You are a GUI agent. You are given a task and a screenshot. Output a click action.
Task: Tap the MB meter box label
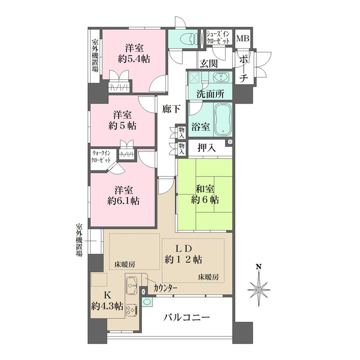click(243, 39)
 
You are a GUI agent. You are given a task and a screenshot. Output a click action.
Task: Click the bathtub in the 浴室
click(223, 120)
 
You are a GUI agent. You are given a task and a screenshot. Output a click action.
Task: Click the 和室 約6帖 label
click(204, 193)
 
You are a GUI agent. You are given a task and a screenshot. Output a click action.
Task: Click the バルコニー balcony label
click(187, 318)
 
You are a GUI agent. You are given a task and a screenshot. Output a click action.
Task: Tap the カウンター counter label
click(165, 289)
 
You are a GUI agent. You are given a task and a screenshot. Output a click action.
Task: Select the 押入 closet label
click(206, 147)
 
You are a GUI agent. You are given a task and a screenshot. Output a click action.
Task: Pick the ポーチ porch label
click(243, 67)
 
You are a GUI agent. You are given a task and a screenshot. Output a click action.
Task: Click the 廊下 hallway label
click(172, 109)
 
